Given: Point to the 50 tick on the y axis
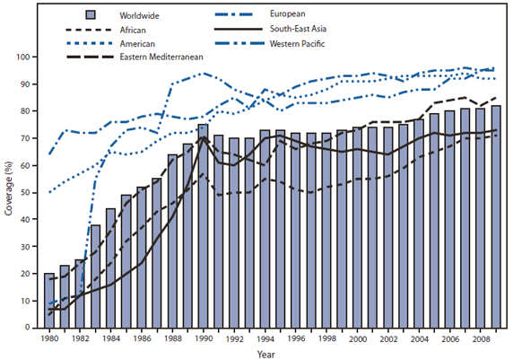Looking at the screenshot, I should (27, 192).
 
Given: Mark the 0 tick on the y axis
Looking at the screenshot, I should (30, 328).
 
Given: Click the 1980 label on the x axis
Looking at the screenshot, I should (49, 339).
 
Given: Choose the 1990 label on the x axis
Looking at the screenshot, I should (203, 339).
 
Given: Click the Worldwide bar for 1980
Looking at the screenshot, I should (49, 300).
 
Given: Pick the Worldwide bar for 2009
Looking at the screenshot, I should (495, 216).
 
